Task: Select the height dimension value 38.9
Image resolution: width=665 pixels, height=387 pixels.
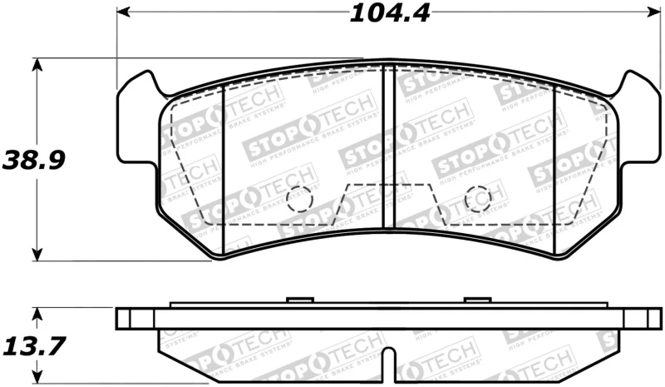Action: coord(33,159)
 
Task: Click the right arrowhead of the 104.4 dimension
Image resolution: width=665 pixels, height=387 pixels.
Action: coord(645,12)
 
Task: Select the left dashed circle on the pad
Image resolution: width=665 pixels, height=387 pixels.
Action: coord(298,199)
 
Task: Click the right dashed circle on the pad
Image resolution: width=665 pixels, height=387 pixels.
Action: coord(478,199)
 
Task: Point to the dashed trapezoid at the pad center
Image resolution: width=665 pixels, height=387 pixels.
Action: coord(387,204)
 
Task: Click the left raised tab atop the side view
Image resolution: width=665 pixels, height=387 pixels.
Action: coord(298,300)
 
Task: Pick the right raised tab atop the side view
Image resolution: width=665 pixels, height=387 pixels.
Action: coord(477,300)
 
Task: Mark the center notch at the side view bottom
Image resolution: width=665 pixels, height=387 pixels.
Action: coord(387,366)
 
